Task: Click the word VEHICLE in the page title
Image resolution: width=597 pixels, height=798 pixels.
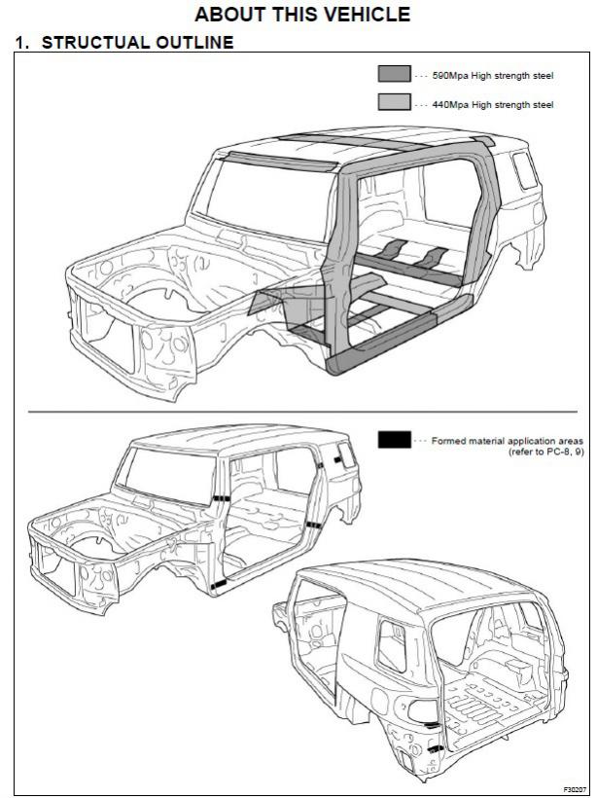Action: click(359, 15)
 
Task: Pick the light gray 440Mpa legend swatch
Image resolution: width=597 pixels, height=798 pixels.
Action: click(394, 102)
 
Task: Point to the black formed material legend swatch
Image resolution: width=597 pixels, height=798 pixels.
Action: click(394, 440)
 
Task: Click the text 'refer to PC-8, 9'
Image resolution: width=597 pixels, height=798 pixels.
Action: click(545, 453)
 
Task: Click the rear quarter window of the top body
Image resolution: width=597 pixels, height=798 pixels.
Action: click(524, 171)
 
